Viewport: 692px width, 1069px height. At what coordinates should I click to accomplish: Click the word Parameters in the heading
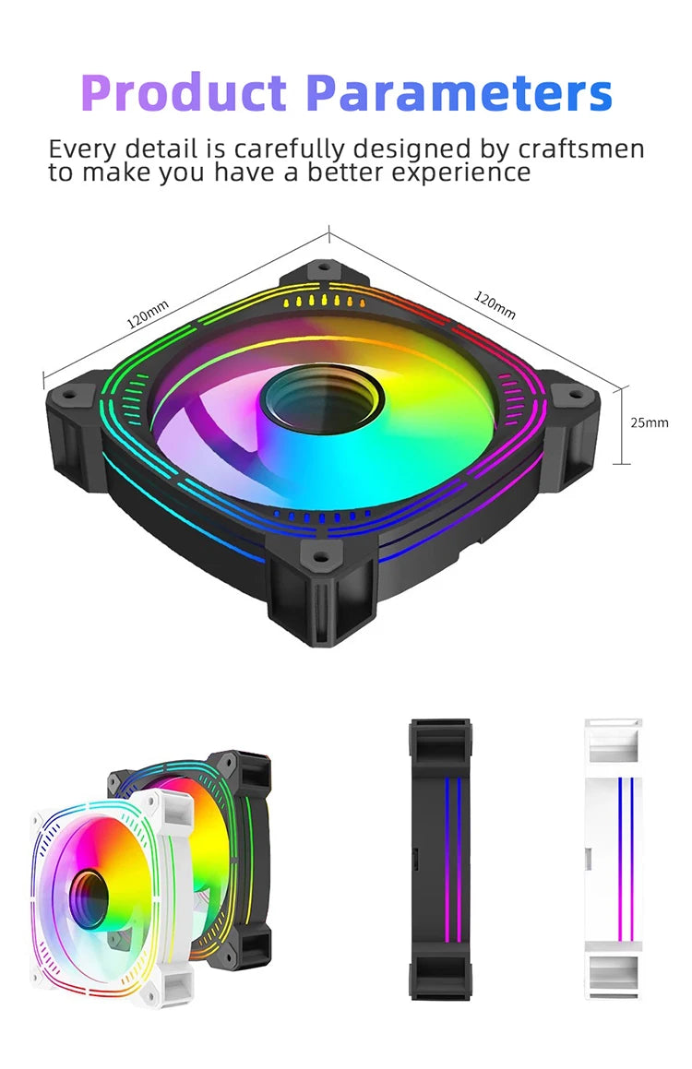[x=459, y=92]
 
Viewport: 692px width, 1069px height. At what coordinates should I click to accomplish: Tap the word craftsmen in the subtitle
[x=580, y=148]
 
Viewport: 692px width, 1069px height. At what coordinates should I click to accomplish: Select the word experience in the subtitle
[x=461, y=172]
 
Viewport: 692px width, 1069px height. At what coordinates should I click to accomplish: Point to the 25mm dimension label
[x=649, y=422]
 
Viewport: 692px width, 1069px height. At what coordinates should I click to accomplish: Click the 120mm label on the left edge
[x=148, y=315]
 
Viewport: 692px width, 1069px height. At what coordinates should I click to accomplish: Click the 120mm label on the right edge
[x=495, y=305]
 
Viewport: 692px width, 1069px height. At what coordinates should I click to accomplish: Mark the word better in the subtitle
[x=345, y=172]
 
